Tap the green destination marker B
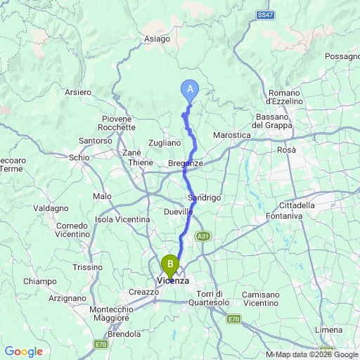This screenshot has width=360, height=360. (x=170, y=265)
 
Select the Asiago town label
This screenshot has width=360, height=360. (x=158, y=39)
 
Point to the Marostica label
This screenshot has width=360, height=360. (x=231, y=134)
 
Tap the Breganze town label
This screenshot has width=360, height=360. (x=186, y=163)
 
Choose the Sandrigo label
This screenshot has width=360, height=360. (x=205, y=198)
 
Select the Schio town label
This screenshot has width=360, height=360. (x=79, y=157)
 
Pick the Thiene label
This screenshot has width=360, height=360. (x=140, y=162)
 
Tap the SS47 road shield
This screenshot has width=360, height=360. (x=264, y=14)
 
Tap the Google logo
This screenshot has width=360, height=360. (x=24, y=352)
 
